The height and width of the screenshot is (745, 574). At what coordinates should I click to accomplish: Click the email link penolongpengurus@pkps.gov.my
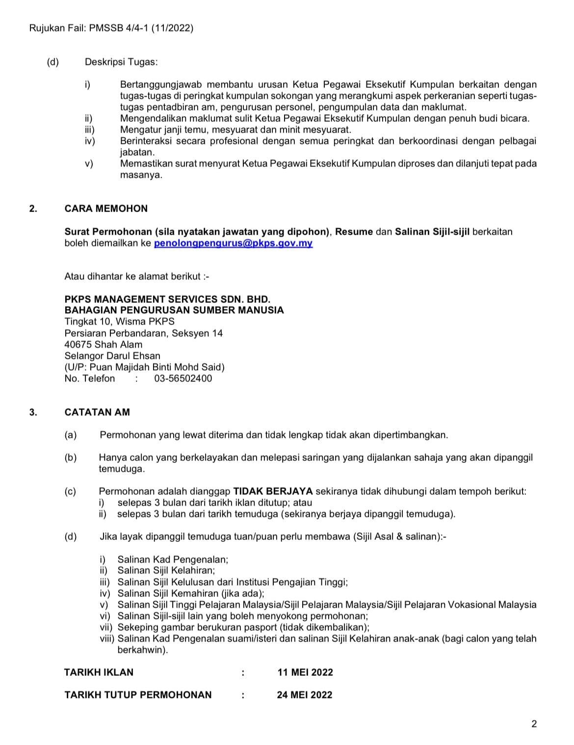pyautogui.click(x=233, y=243)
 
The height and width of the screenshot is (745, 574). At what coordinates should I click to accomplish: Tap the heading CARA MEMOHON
pyautogui.click(x=106, y=209)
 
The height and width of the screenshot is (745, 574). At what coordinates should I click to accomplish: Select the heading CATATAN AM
pyautogui.click(x=97, y=412)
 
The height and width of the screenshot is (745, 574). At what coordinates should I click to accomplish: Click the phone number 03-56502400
pyautogui.click(x=183, y=378)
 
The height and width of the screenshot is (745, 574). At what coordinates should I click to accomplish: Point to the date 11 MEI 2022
pyautogui.click(x=305, y=672)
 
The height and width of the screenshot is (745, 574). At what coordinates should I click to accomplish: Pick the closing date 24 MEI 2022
pyautogui.click(x=304, y=695)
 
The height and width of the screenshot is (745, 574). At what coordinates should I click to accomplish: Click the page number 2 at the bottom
pyautogui.click(x=534, y=724)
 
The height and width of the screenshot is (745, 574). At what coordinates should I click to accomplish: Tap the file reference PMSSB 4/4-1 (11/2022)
pyautogui.click(x=141, y=28)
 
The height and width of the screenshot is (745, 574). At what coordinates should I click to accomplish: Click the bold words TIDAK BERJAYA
pyautogui.click(x=273, y=491)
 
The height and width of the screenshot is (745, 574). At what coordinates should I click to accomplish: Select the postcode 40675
pyautogui.click(x=78, y=345)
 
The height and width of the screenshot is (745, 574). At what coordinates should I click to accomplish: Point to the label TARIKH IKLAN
pyautogui.click(x=99, y=672)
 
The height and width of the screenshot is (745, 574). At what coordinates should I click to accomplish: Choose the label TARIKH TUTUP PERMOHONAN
pyautogui.click(x=138, y=695)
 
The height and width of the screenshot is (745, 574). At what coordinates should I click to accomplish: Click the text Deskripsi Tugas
pyautogui.click(x=121, y=62)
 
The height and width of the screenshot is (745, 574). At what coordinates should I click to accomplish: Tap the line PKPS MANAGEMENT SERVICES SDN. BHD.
pyautogui.click(x=167, y=299)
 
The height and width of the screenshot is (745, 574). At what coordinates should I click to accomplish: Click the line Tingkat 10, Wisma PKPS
pyautogui.click(x=119, y=322)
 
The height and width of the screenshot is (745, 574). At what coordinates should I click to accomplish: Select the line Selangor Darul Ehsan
pyautogui.click(x=112, y=356)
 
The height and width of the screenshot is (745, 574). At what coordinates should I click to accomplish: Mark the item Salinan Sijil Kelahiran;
pyautogui.click(x=166, y=570)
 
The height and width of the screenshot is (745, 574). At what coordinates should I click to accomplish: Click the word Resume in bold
pyautogui.click(x=354, y=232)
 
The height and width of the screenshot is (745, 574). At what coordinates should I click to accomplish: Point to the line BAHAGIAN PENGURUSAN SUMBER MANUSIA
pyautogui.click(x=174, y=310)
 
